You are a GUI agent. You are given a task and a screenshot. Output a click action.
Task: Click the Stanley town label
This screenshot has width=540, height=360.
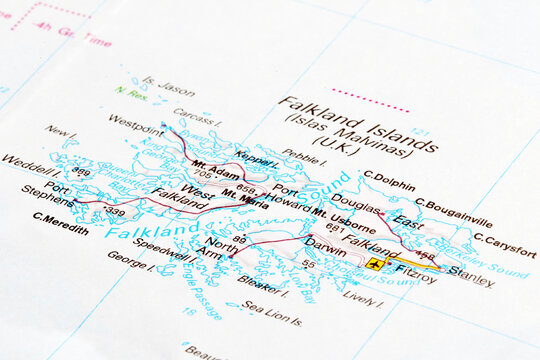471,277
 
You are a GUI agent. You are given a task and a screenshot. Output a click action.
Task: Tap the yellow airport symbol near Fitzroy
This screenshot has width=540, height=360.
374,264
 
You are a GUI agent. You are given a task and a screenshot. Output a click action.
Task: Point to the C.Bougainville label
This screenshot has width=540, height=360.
455,214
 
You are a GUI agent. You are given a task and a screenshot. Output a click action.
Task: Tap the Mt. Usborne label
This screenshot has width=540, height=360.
344,220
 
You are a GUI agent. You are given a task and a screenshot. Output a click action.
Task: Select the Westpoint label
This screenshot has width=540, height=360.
135,125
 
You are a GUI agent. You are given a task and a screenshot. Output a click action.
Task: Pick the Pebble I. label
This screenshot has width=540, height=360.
304,157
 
